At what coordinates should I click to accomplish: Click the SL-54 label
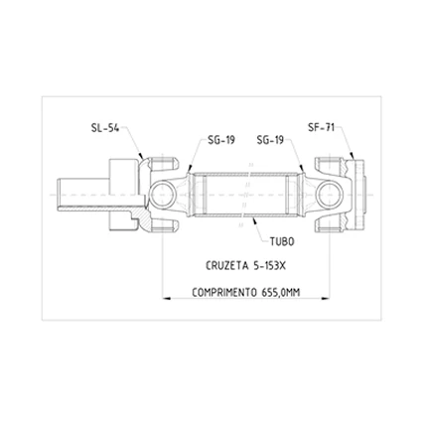pyautogui.click(x=104, y=128)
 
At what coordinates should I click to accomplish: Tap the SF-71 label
pyautogui.click(x=321, y=127)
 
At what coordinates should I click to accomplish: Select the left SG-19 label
pyautogui.click(x=221, y=140)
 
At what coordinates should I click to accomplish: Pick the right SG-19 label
pyautogui.click(x=270, y=140)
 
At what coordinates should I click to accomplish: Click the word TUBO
pyautogui.click(x=282, y=241)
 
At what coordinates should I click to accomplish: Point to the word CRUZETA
pyautogui.click(x=227, y=266)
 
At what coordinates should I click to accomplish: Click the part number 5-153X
pyautogui.click(x=268, y=266)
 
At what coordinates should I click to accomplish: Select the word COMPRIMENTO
pyautogui.click(x=224, y=293)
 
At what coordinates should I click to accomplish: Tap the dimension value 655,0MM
pyautogui.click(x=280, y=293)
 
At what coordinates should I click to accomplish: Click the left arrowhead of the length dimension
pyautogui.click(x=166, y=299)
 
